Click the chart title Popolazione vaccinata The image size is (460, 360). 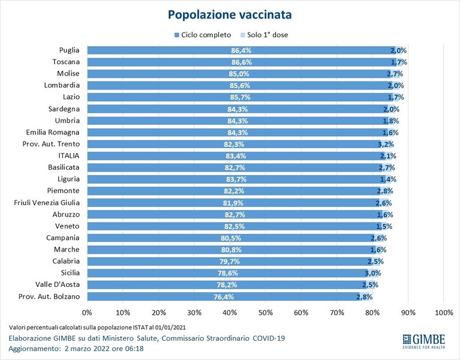tap(230, 14)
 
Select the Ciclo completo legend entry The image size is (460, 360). tap(203, 35)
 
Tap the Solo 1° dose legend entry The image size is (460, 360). tap(264, 35)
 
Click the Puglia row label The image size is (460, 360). tap(69, 50)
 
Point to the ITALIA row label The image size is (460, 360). tap(68, 156)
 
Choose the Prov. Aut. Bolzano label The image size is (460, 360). tap(49, 296)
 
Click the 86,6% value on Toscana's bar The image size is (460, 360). tap(242, 62)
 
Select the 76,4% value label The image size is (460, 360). tap(224, 297)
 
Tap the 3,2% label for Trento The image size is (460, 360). tap(386, 145)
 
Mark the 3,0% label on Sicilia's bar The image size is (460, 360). tap(373, 273)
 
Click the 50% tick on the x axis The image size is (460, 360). tap(266, 313)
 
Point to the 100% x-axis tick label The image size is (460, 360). tap(444, 313)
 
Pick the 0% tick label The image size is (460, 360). tap(87, 313)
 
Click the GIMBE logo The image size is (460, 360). tap(424, 341)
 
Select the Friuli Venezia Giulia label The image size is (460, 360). tap(47, 203)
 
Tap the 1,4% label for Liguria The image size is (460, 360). tap(388, 179)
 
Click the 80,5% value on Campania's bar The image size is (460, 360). tap(231, 238)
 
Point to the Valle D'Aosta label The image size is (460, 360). tap(58, 284)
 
